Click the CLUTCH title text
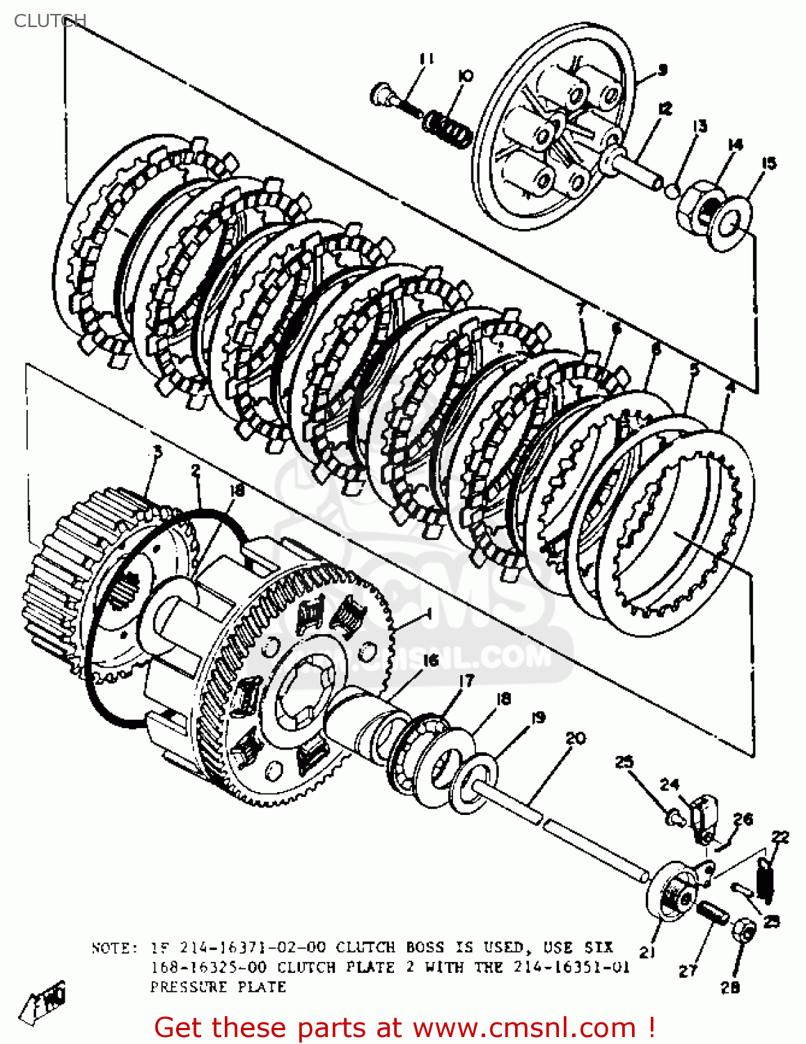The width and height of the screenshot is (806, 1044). (x=49, y=21)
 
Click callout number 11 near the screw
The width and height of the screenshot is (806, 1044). (x=427, y=59)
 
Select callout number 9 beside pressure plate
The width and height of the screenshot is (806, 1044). (x=662, y=69)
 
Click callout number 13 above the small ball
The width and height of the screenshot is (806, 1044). (x=700, y=126)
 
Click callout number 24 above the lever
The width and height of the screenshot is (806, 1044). (x=669, y=784)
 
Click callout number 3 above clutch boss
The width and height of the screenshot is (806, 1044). (x=157, y=452)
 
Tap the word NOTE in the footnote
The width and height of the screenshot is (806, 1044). (x=110, y=948)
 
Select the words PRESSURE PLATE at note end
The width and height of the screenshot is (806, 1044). (x=218, y=987)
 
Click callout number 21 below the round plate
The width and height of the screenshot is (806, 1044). (x=647, y=952)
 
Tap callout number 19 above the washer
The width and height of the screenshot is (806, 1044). (x=537, y=718)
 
